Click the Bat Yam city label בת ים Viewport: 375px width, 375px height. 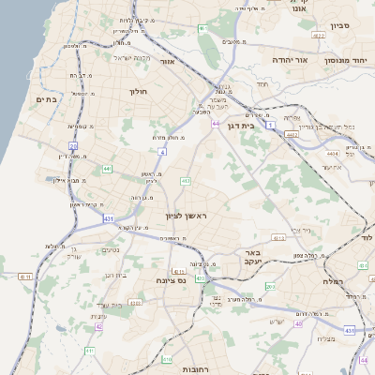click(x=46, y=98)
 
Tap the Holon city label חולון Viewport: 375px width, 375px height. click(x=137, y=92)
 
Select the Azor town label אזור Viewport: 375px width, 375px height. click(x=168, y=62)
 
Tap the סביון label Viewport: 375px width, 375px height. click(x=341, y=27)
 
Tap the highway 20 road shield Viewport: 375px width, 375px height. click(x=73, y=145)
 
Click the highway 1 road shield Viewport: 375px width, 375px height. click(x=269, y=125)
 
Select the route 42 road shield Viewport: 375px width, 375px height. click(x=98, y=327)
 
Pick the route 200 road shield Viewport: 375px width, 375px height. click(x=269, y=287)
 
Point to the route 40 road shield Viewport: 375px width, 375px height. click(x=299, y=323)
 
